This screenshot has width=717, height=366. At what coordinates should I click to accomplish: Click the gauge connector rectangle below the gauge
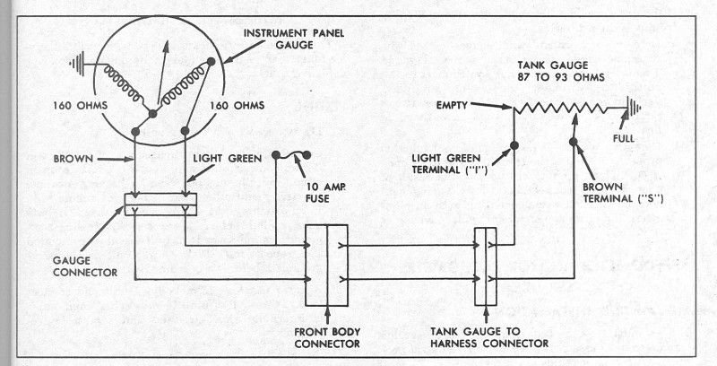point(160,204)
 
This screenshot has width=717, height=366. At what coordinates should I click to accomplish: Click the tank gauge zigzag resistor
point(566,109)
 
